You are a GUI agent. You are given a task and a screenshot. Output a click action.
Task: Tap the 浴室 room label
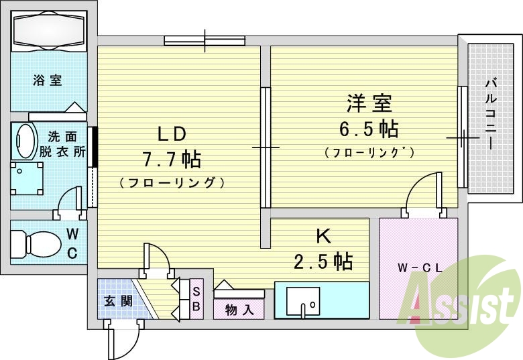(x=48, y=80)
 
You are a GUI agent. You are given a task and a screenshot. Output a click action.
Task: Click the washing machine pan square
(x=27, y=177)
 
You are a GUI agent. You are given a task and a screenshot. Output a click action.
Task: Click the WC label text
(x=73, y=243)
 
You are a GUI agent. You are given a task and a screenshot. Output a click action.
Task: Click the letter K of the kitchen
(x=322, y=235)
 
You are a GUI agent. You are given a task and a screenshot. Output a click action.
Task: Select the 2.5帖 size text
(x=323, y=260)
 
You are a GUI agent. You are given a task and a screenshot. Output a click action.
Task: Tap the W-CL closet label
(x=418, y=268)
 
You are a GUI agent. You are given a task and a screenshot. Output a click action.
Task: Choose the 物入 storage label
(x=239, y=310)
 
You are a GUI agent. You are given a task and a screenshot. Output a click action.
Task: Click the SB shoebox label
(x=196, y=298)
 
